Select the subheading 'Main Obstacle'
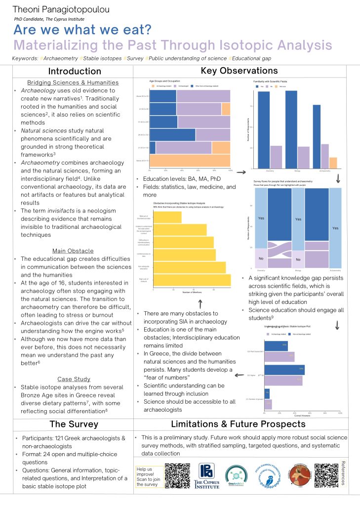(73, 251)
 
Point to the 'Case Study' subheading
(72, 379)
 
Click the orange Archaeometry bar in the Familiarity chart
(333, 164)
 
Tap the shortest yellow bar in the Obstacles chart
(167, 217)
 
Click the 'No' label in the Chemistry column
(261, 258)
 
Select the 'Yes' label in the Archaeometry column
(335, 228)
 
